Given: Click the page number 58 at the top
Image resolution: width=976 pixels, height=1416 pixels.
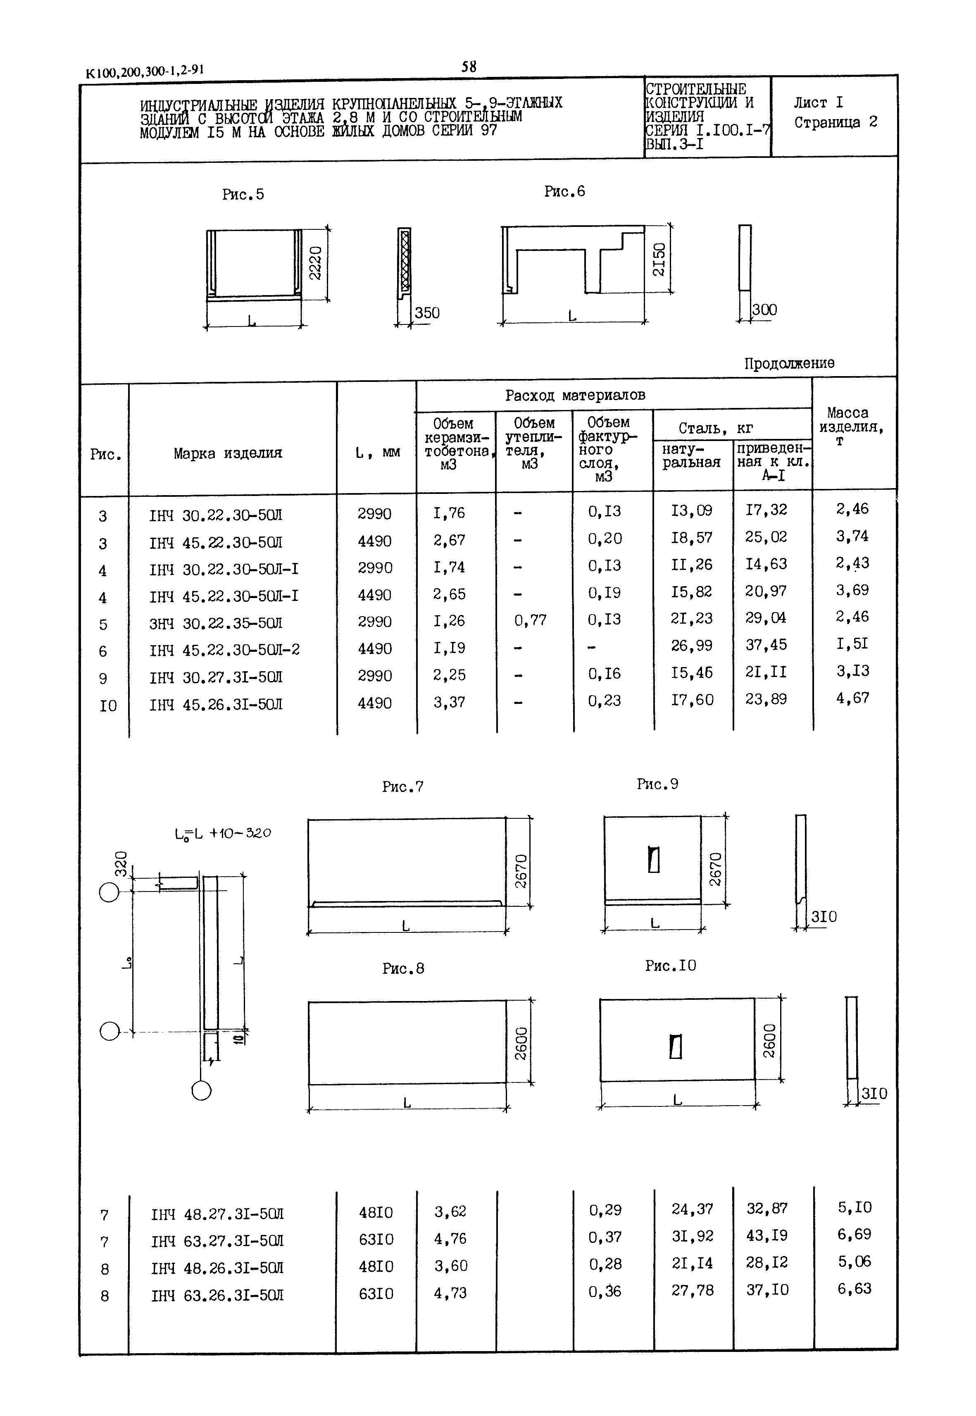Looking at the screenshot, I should [469, 67].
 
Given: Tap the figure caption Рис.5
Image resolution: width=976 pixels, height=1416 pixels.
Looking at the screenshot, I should [243, 195].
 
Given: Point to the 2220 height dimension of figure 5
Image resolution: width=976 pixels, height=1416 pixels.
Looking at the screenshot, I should [315, 263].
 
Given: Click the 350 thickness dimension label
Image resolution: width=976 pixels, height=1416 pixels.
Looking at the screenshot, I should [427, 313].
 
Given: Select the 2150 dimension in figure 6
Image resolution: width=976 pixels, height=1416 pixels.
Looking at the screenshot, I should [659, 259].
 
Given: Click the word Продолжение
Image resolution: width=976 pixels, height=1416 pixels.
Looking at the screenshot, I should [789, 363].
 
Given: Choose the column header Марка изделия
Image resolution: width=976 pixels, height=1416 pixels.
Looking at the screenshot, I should [228, 453].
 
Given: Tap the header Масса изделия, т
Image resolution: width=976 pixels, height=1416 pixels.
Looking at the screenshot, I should [851, 426].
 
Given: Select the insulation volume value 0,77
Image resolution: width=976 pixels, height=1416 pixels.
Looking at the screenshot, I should [530, 621].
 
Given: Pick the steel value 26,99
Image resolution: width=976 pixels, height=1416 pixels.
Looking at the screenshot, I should [692, 645].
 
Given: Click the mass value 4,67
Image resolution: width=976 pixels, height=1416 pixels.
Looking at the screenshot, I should [852, 698].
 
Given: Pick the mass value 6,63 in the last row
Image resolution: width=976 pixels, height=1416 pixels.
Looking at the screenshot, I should [854, 1289].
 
